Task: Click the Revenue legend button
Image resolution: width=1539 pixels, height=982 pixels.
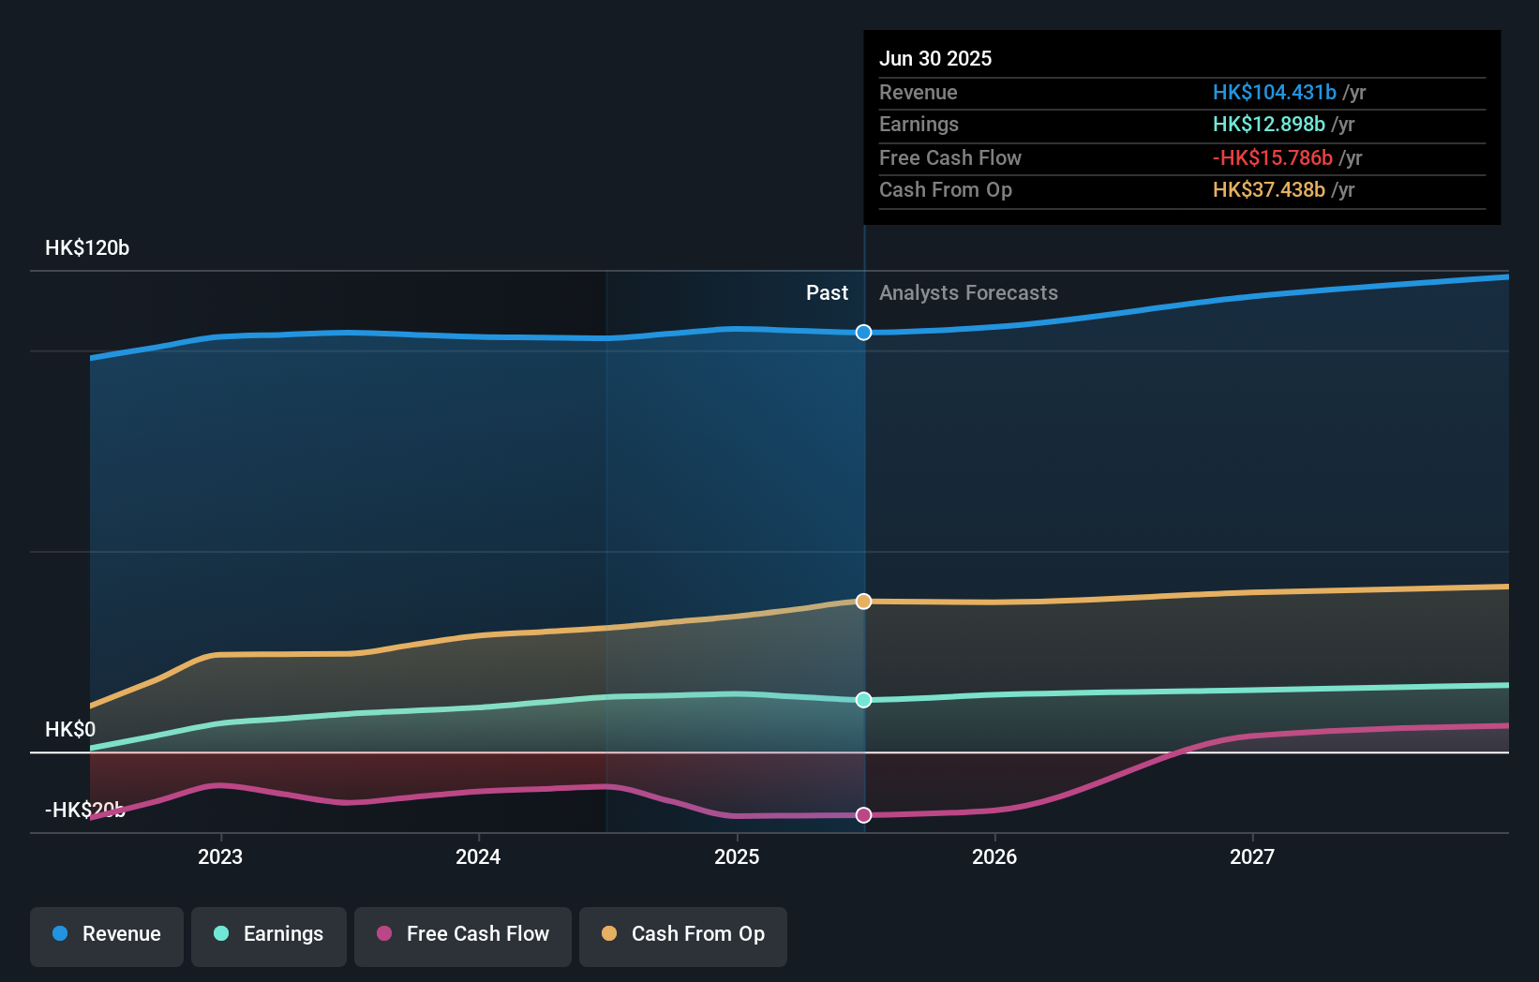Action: tap(107, 934)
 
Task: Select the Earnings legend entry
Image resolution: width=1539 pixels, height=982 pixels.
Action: tap(269, 934)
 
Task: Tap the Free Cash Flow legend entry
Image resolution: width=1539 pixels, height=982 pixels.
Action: tap(463, 934)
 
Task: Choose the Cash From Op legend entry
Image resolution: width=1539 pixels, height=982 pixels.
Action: tap(683, 934)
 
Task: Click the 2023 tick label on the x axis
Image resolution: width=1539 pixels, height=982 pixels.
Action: tap(220, 856)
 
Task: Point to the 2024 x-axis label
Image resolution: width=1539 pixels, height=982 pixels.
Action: tap(478, 856)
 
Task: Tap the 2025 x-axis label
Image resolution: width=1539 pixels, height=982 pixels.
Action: tap(737, 856)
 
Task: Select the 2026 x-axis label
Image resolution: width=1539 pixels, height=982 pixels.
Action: tap(994, 856)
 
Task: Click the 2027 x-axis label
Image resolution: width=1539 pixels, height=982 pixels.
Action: tap(1252, 856)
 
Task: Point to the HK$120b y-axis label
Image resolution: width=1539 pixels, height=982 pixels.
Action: tap(87, 248)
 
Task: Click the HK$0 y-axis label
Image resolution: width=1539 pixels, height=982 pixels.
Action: tap(70, 729)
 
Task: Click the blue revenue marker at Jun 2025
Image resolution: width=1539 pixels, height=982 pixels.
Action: tap(864, 333)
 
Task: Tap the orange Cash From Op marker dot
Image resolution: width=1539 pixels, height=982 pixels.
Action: tap(864, 602)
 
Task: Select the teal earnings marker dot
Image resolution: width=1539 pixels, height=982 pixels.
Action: tap(864, 700)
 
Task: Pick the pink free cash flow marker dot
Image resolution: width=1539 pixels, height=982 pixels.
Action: tap(864, 815)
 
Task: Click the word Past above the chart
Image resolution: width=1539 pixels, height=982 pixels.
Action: tap(827, 293)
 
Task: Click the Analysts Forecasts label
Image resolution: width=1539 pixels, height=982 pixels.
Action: tap(968, 293)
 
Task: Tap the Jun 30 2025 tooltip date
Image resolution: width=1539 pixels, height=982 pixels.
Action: tap(935, 58)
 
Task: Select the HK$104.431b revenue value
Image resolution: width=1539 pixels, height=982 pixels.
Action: tap(1274, 92)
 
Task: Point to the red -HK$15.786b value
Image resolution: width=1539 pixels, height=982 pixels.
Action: tap(1272, 157)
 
